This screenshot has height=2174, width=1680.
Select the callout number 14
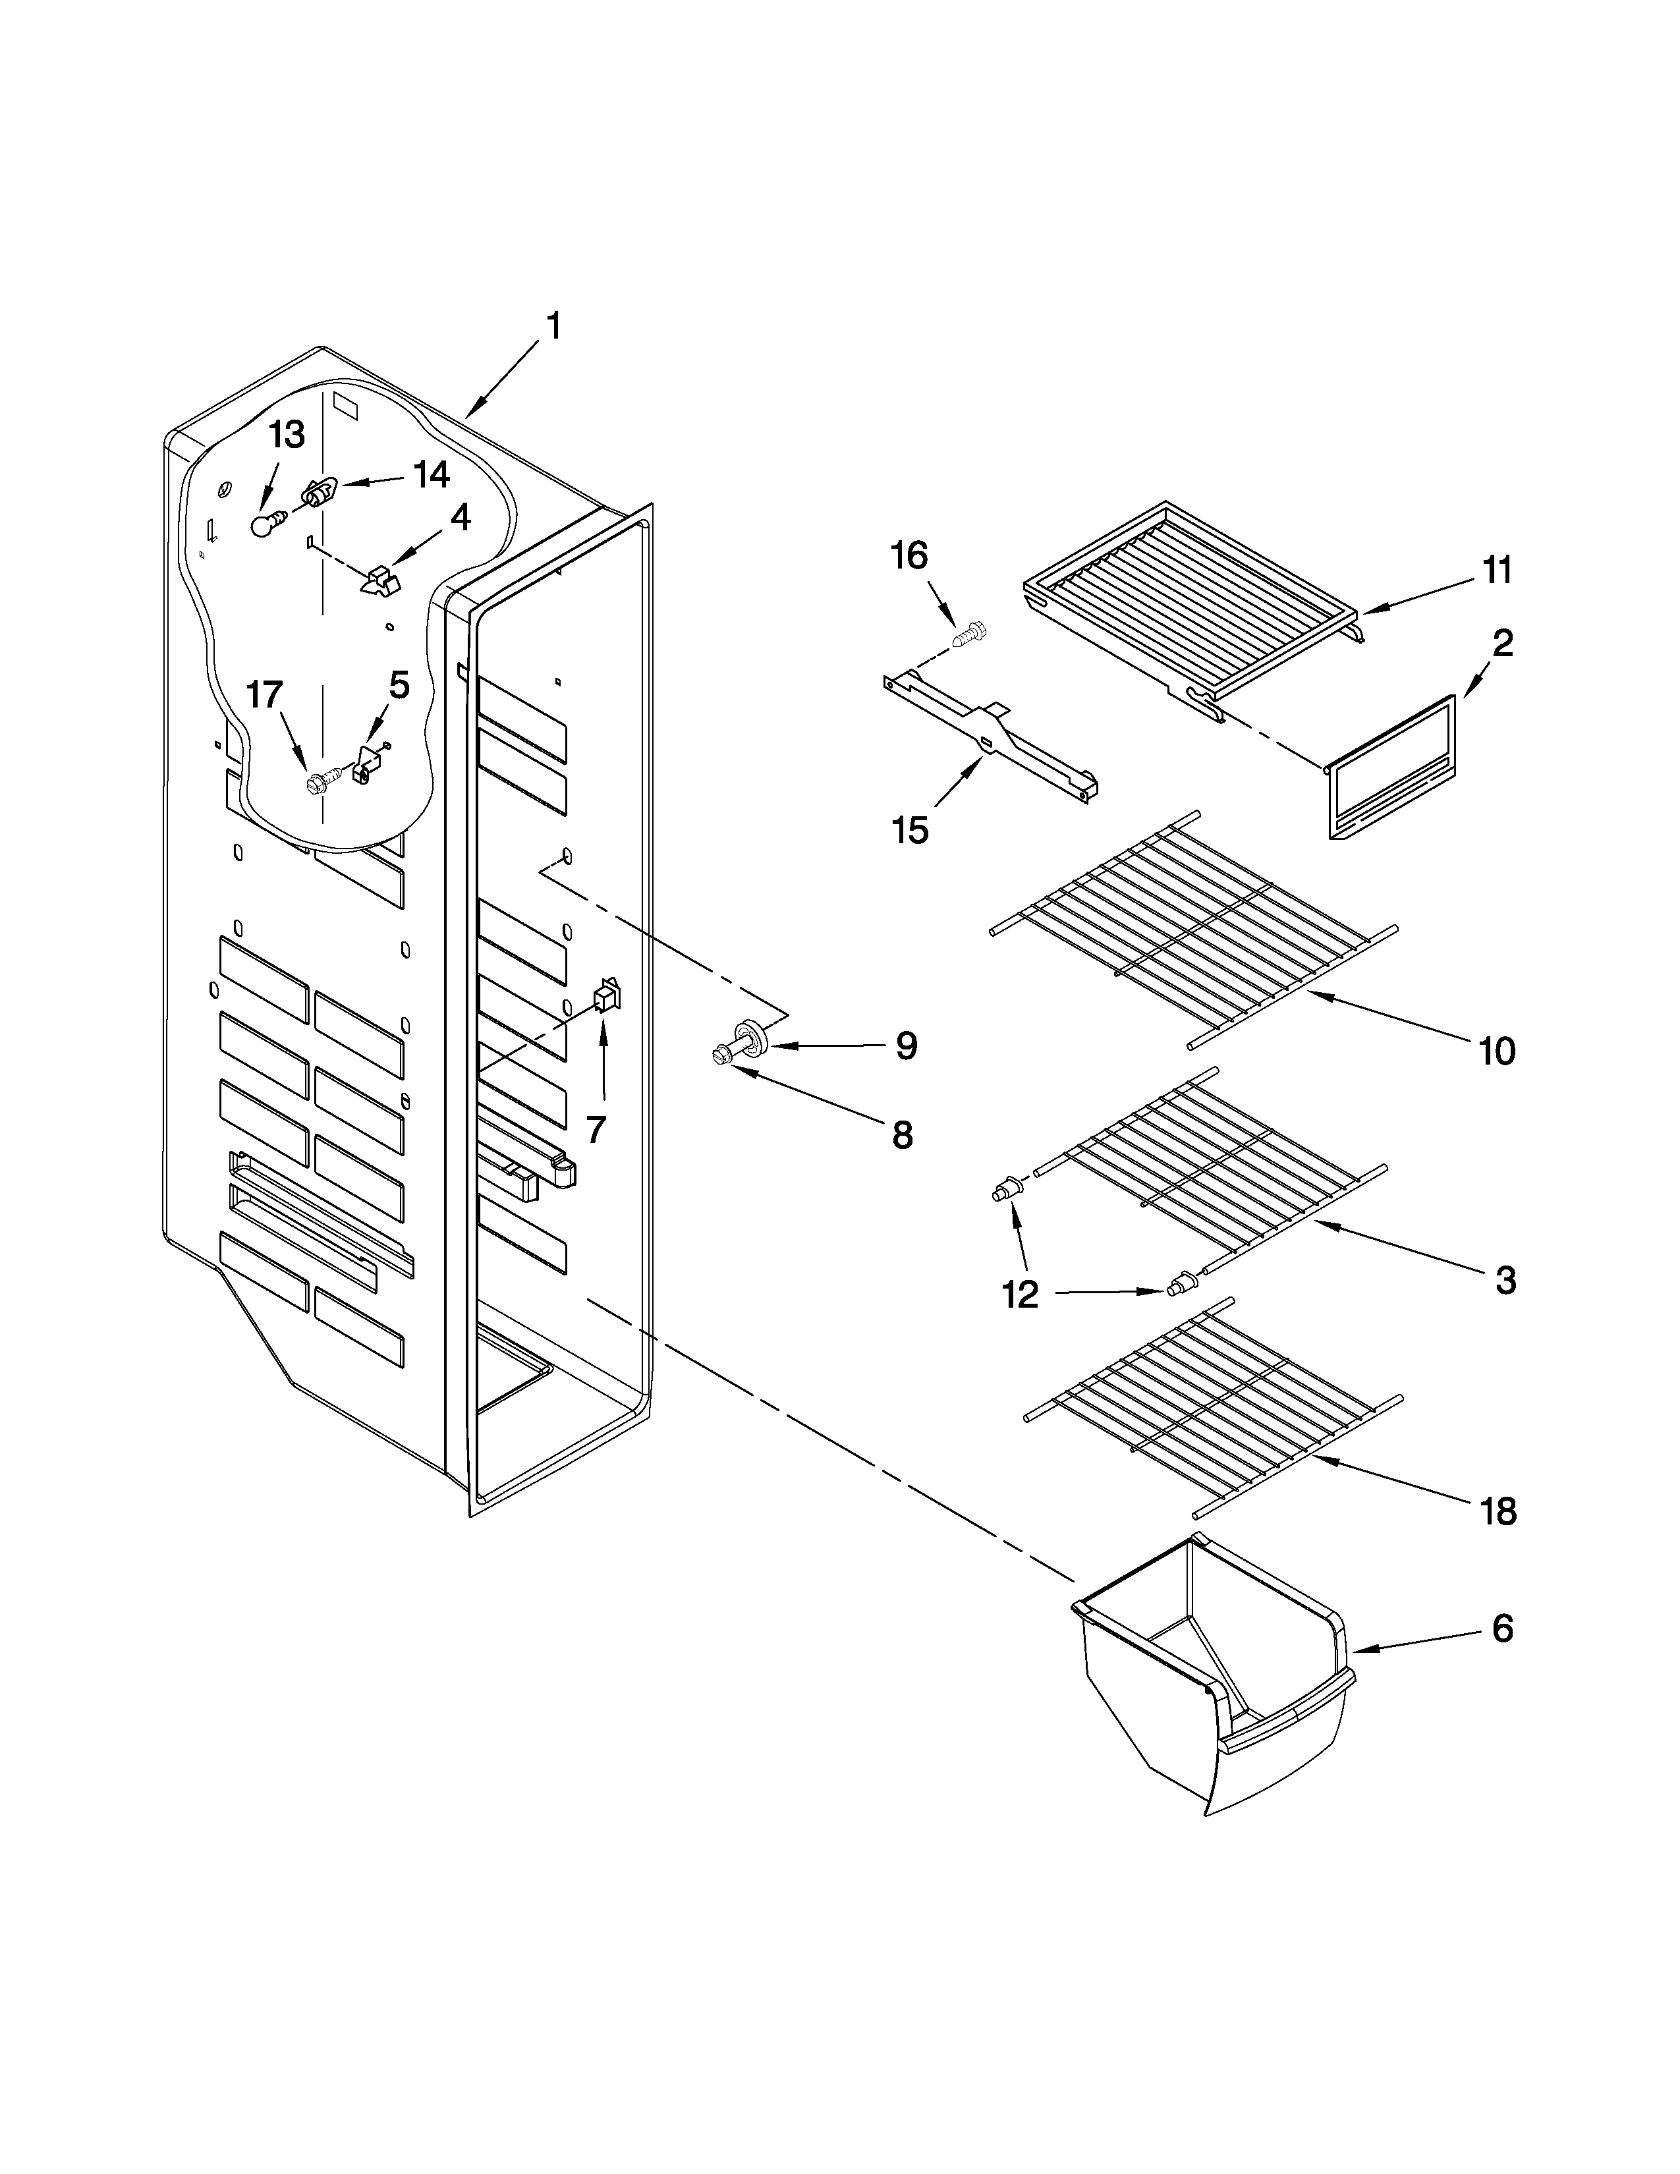(x=431, y=475)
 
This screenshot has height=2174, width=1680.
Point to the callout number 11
(x=1497, y=571)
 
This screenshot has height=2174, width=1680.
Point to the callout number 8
(x=902, y=1134)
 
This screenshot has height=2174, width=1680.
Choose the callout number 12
(x=1020, y=1293)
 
